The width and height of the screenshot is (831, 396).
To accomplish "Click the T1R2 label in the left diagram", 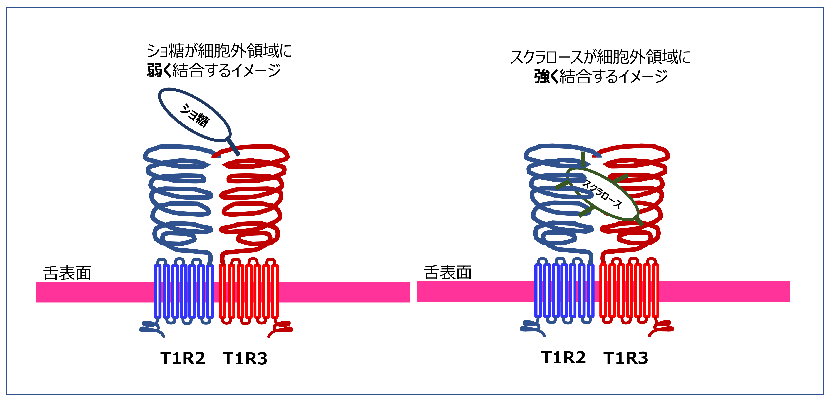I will [x=183, y=358].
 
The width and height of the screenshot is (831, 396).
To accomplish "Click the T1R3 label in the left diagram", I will [x=245, y=359].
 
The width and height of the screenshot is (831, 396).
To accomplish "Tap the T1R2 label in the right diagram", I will [x=563, y=357].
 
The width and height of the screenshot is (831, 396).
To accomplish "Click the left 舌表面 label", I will [x=67, y=273].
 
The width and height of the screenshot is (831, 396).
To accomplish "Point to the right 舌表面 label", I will [x=447, y=272].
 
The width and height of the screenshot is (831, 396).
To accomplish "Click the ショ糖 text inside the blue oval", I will [x=194, y=115].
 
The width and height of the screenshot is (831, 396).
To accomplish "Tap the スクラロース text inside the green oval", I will [x=602, y=194].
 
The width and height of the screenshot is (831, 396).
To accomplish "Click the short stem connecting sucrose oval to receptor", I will [x=233, y=147].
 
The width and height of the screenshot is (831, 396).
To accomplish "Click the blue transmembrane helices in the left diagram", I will [x=184, y=291].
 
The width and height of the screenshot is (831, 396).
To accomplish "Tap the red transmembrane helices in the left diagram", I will [x=248, y=291].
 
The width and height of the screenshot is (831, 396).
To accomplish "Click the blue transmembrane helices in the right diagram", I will [x=564, y=290].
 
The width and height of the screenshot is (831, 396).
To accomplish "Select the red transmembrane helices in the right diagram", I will [x=629, y=290].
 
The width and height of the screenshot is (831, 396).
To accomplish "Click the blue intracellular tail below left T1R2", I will [x=152, y=328].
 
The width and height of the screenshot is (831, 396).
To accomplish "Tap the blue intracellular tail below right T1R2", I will [x=532, y=328].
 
